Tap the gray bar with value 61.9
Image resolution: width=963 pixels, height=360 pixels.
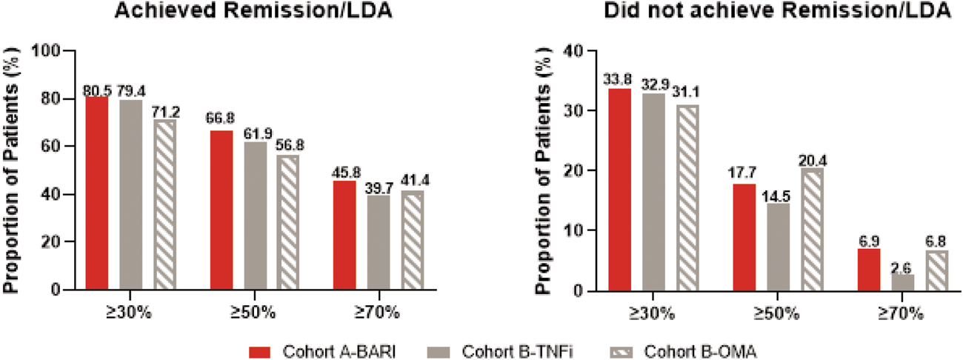(256, 216)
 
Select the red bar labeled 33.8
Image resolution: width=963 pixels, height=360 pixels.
(620, 189)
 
